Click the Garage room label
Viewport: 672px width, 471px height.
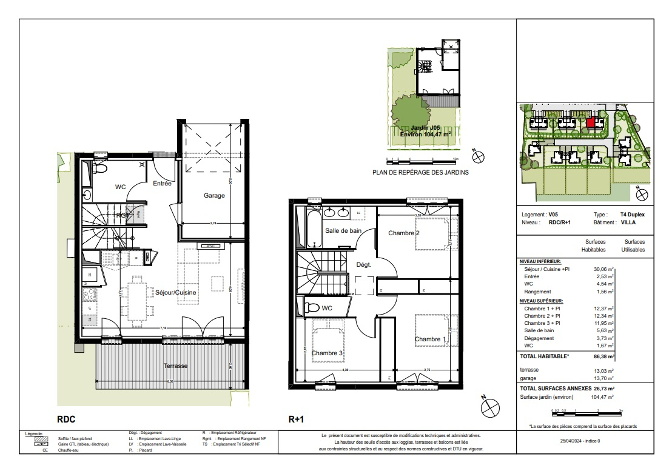coord(214,195)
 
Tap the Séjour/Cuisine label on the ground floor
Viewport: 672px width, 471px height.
coord(176,293)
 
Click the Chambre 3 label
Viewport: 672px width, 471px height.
coord(328,353)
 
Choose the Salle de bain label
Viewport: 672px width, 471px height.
coord(344,230)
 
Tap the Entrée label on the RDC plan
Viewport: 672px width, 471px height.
coord(162,183)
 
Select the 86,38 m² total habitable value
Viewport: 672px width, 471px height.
coord(603,357)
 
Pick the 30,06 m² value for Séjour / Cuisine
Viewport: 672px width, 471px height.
coord(603,268)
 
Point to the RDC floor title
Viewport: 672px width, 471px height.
coord(66,418)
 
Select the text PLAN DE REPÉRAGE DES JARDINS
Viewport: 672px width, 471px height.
coord(420,172)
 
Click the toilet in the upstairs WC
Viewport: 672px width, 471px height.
coord(311,307)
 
